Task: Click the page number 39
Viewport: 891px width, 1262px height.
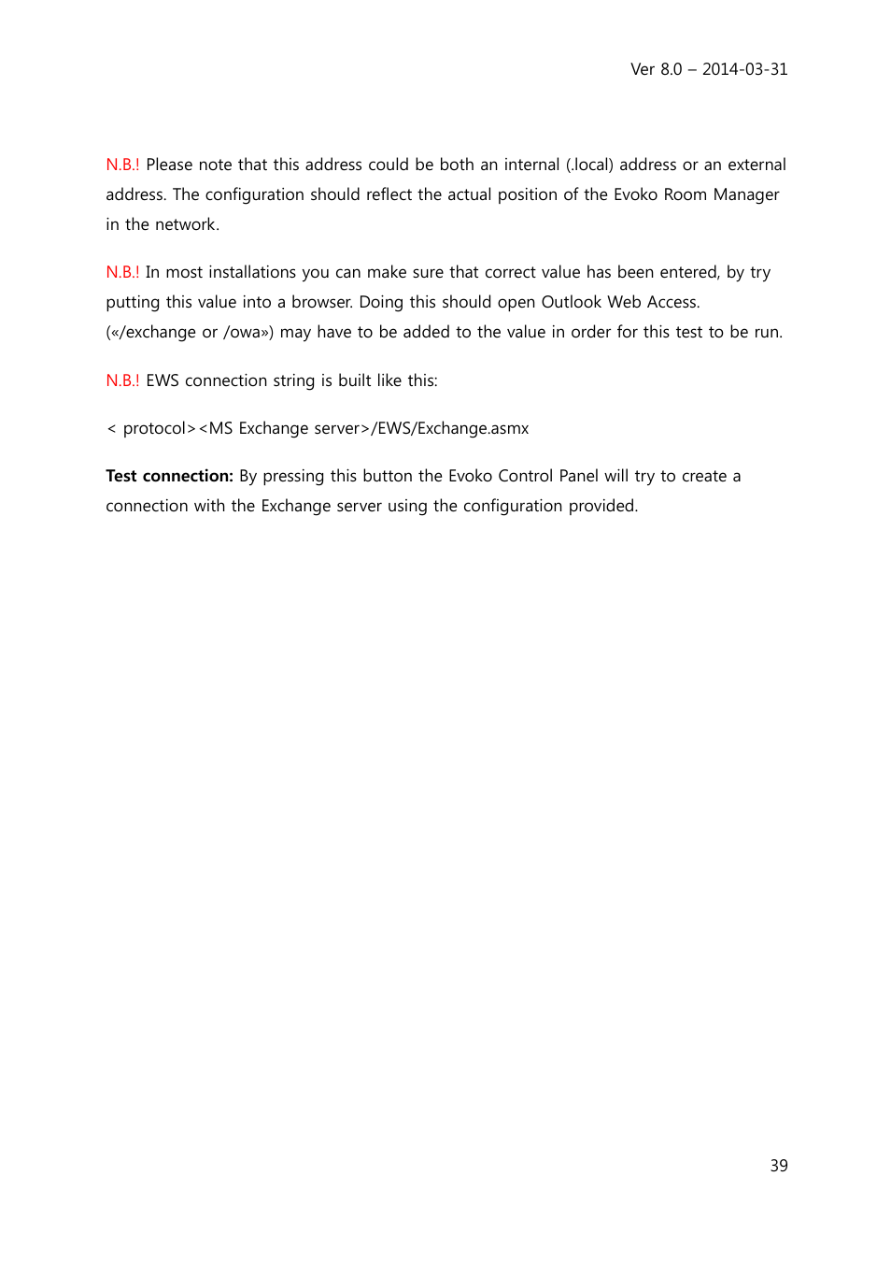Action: tap(779, 1166)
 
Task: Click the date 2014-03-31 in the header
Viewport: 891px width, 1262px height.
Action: tap(744, 69)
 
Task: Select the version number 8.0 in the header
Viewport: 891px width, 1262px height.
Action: tap(671, 69)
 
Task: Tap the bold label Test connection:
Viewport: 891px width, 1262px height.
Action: tap(169, 476)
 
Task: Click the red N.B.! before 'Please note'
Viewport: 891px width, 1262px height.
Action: tap(122, 165)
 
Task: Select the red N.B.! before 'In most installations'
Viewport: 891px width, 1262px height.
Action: tap(122, 272)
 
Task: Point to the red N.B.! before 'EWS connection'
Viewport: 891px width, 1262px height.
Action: tap(122, 380)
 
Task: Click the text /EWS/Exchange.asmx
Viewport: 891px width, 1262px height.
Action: tap(450, 428)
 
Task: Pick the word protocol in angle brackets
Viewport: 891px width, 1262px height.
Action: tap(155, 429)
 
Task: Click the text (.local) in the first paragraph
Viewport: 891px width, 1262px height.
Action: tap(589, 165)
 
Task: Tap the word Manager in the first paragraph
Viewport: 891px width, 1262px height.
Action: tap(745, 194)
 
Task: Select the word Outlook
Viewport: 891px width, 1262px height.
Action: tap(571, 302)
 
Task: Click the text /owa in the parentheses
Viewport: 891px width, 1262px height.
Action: tap(242, 332)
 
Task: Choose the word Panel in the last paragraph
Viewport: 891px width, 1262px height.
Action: tap(578, 476)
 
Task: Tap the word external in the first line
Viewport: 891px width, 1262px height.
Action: tap(757, 165)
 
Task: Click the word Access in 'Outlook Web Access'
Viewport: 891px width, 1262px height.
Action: tap(672, 302)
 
